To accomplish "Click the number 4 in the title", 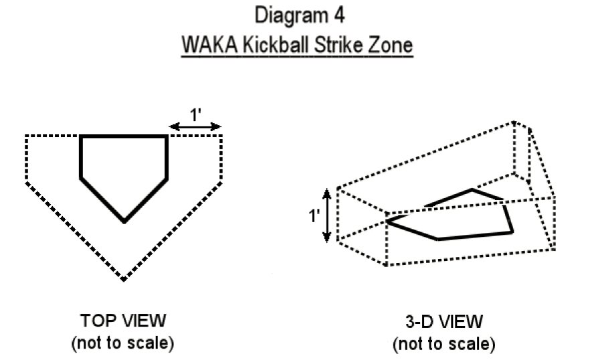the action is pos(338,16).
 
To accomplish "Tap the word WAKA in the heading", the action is pos(209,46).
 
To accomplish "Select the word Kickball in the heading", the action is pos(276,46).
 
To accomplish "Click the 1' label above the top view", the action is pos(195,115).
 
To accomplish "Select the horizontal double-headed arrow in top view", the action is pos(195,126).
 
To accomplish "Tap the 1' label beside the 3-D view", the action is pos(314,215).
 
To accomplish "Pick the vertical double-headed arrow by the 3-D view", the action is pos(327,215).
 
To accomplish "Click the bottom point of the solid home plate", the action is pos(124,221).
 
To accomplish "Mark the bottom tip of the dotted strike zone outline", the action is pos(124,280).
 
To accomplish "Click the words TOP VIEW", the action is pos(123,321).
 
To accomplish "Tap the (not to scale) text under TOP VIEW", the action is pos(122,343).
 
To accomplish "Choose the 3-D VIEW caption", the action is pos(444,322).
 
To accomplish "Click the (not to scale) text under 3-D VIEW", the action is pos(444,344).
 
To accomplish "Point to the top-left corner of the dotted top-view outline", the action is pos(26,136).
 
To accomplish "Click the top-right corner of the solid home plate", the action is pos(166,136).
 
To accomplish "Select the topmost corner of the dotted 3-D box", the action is pos(514,122).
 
